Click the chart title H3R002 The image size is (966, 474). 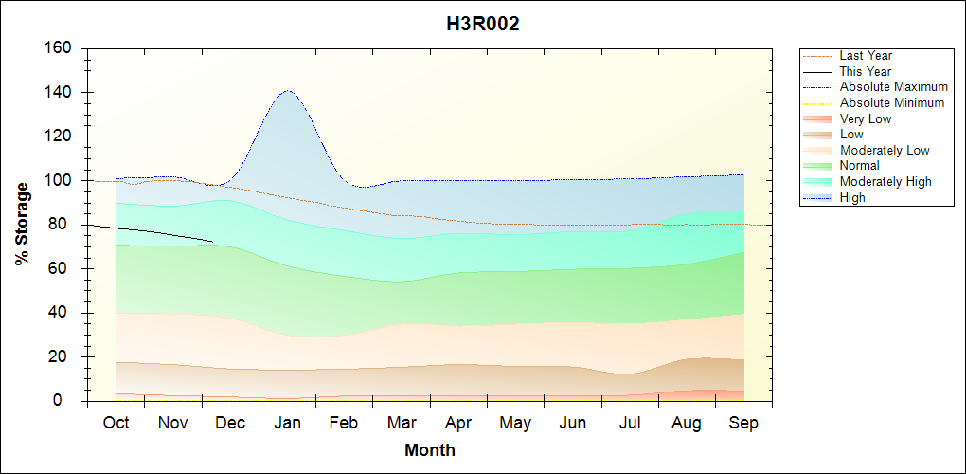point(483,25)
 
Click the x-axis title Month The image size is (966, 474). point(430,450)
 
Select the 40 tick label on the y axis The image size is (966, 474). point(63,313)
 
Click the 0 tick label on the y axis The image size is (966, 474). point(67,401)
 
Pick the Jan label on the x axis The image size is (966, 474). point(287,423)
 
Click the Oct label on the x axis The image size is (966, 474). point(116,423)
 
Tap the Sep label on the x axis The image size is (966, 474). point(743,423)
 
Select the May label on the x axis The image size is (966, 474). point(515,423)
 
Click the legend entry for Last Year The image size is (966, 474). point(866,56)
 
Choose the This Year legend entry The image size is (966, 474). point(866,71)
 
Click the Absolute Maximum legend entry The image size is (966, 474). point(893,87)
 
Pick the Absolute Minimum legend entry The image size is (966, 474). point(892,102)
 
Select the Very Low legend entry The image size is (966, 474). point(866,118)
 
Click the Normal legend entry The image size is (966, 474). point(860,166)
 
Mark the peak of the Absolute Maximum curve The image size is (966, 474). point(287,91)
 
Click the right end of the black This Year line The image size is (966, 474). point(213,242)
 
